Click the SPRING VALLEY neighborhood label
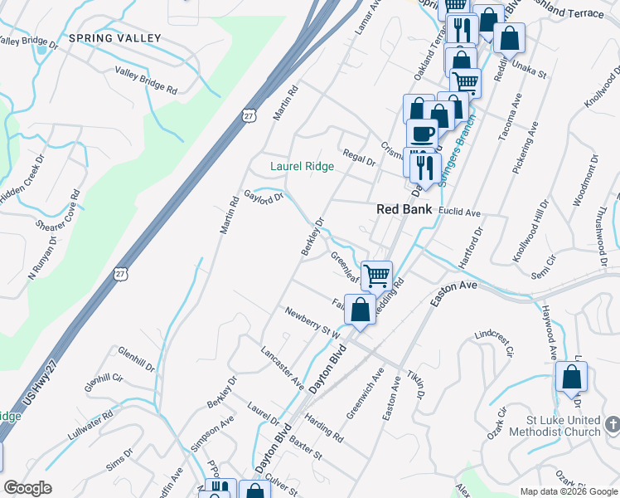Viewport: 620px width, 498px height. pyautogui.click(x=104, y=38)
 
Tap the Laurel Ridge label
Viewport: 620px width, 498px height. pyautogui.click(x=303, y=166)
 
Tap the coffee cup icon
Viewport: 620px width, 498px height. pyautogui.click(x=422, y=132)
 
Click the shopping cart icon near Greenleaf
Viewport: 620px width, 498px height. pyautogui.click(x=377, y=274)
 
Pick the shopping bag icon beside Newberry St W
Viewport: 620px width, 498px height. pyautogui.click(x=361, y=311)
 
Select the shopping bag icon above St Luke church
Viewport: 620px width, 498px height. pyautogui.click(x=571, y=377)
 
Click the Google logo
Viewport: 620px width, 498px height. pyautogui.click(x=28, y=487)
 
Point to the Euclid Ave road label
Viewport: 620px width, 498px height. pyautogui.click(x=460, y=212)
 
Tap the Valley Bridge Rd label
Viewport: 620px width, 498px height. pyautogui.click(x=147, y=80)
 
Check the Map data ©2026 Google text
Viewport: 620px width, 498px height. pyautogui.click(x=568, y=491)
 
